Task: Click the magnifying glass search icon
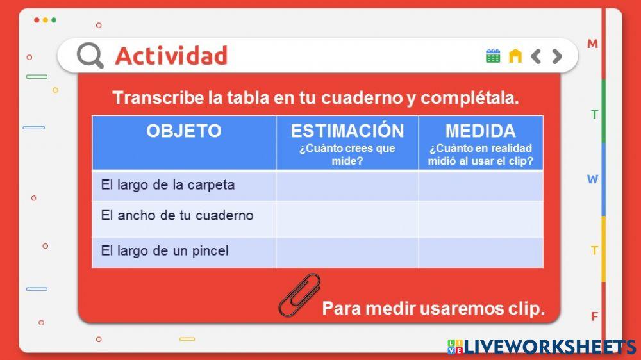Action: [x=90, y=56]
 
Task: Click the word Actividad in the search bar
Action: [x=171, y=56]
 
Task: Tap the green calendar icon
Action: [x=492, y=56]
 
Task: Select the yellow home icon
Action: [x=515, y=56]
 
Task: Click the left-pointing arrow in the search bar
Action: [x=536, y=56]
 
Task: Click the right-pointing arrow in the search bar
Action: [x=557, y=56]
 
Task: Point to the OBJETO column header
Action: [x=183, y=131]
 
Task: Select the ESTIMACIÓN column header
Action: [x=347, y=131]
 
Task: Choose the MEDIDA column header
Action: [x=480, y=131]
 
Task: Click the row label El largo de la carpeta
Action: [x=167, y=185]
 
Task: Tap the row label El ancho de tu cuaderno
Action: [x=177, y=216]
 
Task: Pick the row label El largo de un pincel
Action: [x=164, y=251]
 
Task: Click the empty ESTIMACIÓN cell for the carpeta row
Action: [x=347, y=186]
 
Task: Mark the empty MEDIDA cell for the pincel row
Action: [x=480, y=252]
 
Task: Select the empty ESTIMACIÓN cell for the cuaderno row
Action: [x=347, y=218]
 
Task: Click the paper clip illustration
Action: [x=299, y=295]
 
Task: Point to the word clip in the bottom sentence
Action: [x=525, y=309]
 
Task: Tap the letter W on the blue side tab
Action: [x=593, y=179]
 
